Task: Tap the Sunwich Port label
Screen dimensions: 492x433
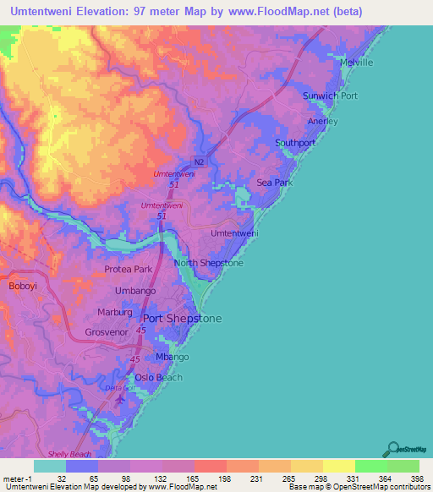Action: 330,96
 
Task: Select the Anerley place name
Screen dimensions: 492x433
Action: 322,121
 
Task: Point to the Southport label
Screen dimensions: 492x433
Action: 295,143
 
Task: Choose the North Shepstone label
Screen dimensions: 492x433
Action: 208,264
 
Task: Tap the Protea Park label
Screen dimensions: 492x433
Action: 128,270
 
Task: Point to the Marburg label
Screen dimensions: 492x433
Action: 114,312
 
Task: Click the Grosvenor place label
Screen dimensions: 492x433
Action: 106,333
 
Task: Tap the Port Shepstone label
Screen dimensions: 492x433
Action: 182,319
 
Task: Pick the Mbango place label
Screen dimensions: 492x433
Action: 173,357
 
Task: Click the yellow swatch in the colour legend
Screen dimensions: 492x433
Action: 338,466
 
